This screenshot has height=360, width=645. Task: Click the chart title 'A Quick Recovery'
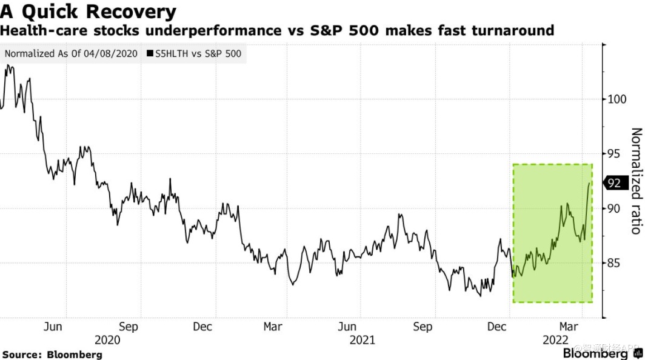click(89, 11)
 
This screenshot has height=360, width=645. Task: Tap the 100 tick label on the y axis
click(617, 99)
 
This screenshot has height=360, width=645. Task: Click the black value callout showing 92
click(613, 182)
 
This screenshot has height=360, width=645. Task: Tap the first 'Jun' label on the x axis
click(53, 327)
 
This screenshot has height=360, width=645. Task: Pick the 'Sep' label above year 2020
click(129, 327)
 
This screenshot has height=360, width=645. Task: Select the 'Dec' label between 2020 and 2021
click(202, 327)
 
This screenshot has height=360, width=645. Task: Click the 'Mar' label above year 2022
click(569, 327)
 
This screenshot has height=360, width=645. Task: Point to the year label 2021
click(363, 340)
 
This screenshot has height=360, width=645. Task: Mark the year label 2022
click(555, 340)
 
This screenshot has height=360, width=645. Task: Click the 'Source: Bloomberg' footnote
click(52, 354)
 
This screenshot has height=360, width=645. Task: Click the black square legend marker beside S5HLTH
click(150, 53)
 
